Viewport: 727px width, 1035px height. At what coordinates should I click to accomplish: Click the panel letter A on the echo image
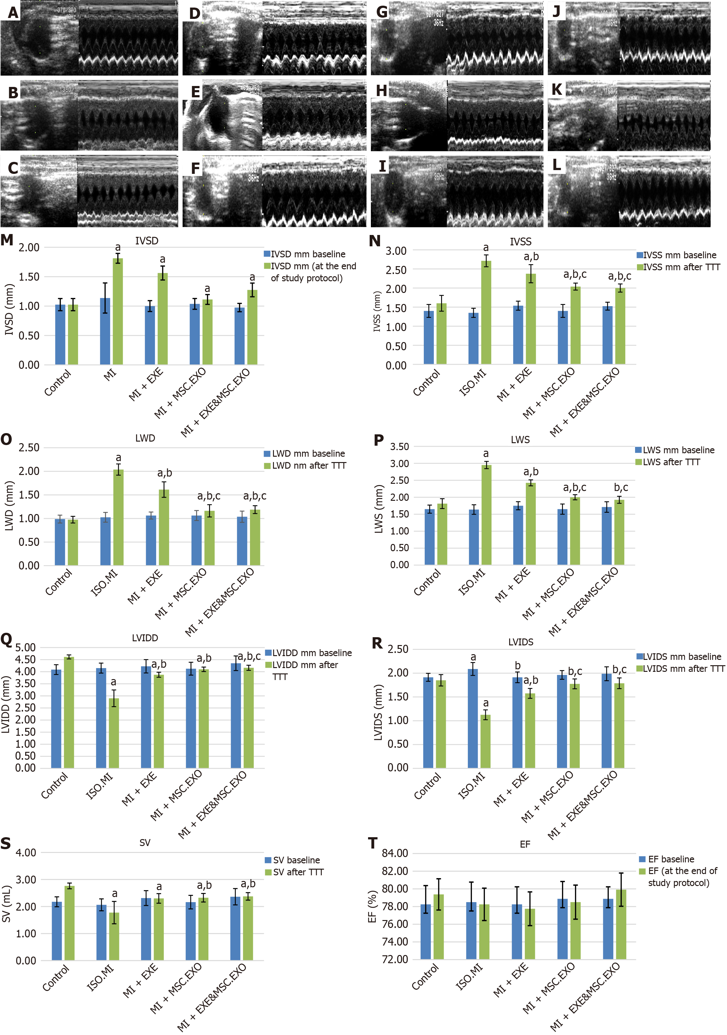click(14, 13)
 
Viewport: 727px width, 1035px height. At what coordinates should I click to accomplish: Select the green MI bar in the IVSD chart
click(118, 311)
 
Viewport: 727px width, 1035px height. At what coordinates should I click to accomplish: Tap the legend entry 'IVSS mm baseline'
click(676, 255)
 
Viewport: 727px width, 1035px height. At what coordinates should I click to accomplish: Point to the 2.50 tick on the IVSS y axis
click(396, 270)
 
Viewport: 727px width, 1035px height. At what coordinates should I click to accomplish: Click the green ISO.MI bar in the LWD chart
click(118, 517)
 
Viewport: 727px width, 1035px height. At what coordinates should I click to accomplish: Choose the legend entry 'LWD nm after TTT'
click(305, 466)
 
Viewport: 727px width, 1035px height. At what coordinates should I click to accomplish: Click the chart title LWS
click(520, 439)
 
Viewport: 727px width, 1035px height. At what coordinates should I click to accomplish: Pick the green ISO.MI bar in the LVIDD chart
click(114, 733)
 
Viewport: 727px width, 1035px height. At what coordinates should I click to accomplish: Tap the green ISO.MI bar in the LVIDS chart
click(486, 741)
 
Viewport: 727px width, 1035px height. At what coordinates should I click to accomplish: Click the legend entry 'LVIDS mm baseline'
click(678, 657)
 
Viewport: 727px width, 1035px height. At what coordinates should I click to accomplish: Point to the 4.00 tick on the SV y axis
click(26, 852)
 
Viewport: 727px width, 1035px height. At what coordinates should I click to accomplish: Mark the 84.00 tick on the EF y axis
click(395, 853)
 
